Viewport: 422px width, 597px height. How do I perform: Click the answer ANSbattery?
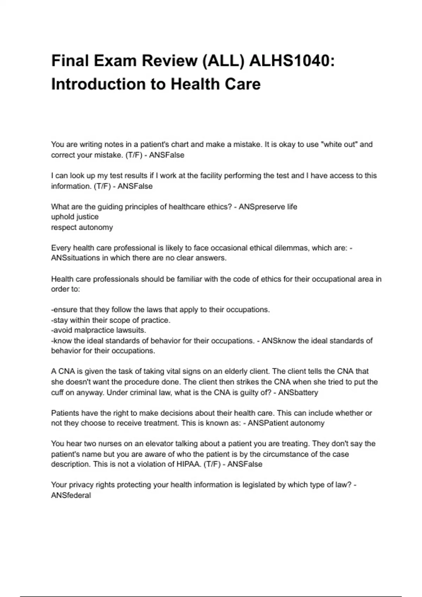click(x=298, y=392)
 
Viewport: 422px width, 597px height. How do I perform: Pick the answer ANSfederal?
click(x=71, y=495)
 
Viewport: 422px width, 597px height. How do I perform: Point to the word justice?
click(x=87, y=217)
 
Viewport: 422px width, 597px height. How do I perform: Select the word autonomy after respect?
click(x=96, y=227)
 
